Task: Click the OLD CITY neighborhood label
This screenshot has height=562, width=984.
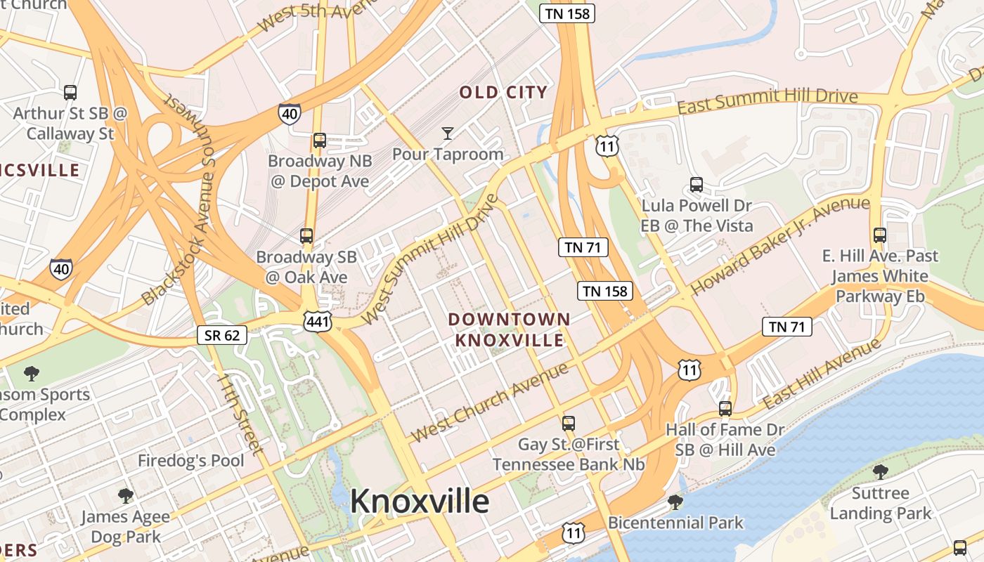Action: click(x=503, y=92)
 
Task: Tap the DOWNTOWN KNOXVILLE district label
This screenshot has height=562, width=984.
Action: click(x=509, y=329)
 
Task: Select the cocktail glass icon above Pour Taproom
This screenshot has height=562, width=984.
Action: click(x=447, y=133)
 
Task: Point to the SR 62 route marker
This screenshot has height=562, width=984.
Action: click(x=222, y=335)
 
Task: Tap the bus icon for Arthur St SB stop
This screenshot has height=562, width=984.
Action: click(x=70, y=92)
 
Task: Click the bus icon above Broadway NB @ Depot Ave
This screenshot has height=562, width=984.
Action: click(x=320, y=140)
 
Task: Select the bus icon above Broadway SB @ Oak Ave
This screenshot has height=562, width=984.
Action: click(x=306, y=235)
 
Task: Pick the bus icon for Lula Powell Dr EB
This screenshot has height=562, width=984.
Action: click(x=697, y=185)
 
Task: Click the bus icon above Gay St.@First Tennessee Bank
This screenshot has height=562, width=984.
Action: click(x=569, y=424)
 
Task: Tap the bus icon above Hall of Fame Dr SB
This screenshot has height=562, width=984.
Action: click(x=725, y=408)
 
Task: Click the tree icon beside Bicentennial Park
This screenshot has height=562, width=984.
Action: click(x=675, y=502)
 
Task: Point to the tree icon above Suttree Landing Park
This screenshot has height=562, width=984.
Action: click(x=880, y=471)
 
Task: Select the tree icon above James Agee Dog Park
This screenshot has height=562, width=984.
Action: click(x=126, y=496)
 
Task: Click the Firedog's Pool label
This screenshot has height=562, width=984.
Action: click(x=190, y=461)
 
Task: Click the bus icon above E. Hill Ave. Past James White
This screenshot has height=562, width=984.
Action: click(x=879, y=235)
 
